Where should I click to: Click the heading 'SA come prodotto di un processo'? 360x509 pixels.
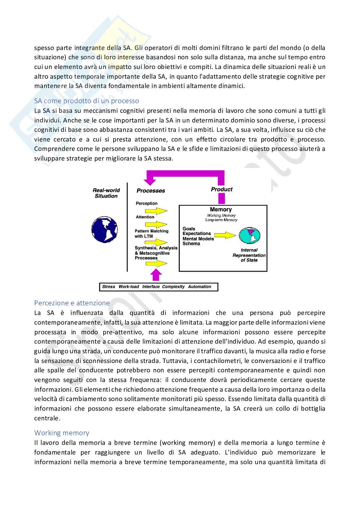tap(86, 101)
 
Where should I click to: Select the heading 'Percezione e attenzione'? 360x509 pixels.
tap(72, 303)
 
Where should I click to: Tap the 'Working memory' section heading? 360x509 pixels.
tap(62, 433)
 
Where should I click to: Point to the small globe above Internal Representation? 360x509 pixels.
tap(249, 236)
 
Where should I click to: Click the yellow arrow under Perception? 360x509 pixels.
tap(156, 211)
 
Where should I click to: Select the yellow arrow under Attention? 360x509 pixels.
tap(156, 224)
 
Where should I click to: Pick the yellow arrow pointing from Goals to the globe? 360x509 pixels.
tap(225, 235)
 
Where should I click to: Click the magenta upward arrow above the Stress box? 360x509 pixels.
tap(156, 275)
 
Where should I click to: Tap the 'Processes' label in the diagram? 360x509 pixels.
tap(151, 191)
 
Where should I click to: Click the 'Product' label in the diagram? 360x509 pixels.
tap(222, 189)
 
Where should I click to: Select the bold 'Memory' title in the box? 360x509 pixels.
tap(221, 210)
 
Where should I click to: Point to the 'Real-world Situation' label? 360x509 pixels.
tap(106, 193)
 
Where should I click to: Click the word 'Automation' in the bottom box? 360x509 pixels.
tap(199, 287)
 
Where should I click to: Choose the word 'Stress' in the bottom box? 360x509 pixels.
tap(108, 287)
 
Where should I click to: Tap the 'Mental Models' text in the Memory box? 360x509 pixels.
tap(198, 239)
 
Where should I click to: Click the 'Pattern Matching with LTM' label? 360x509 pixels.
tap(151, 233)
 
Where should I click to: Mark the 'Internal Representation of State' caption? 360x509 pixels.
tap(249, 255)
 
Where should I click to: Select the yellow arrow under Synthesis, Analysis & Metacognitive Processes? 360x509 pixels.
tap(156, 264)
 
